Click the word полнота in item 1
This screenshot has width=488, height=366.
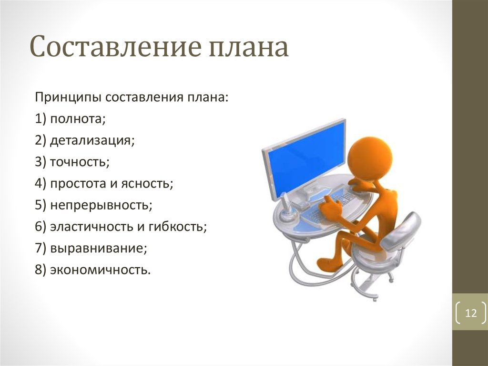[78, 119]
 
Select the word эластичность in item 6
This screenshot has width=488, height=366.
[91, 227]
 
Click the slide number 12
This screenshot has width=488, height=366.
[471, 313]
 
